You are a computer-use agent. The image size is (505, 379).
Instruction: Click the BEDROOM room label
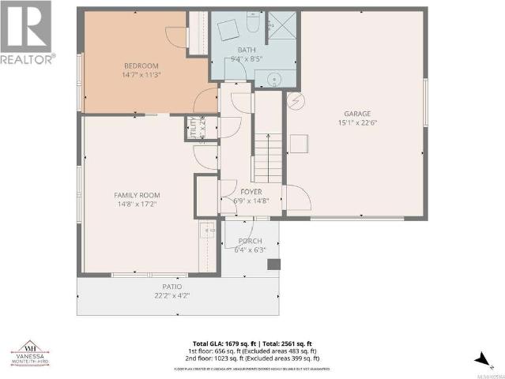(141, 66)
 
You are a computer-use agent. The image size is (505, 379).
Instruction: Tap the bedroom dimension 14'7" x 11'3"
(141, 75)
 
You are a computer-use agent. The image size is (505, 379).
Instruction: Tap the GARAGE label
(356, 113)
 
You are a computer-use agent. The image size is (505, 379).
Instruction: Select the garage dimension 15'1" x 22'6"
(356, 122)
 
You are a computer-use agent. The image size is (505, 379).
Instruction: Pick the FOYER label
(251, 191)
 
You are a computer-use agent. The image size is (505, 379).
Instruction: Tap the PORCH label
(250, 241)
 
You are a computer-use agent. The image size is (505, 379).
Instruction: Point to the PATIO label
(172, 287)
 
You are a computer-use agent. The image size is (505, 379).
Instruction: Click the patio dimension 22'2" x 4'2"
(172, 295)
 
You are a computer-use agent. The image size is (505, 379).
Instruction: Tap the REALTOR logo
(27, 32)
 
